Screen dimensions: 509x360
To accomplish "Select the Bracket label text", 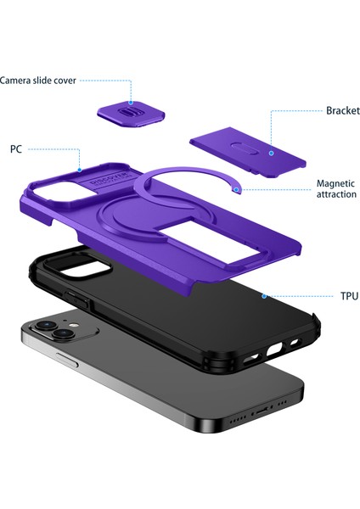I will pyautogui.click(x=342, y=111).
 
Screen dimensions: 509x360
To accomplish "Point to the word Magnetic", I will pyautogui.click(x=336, y=183).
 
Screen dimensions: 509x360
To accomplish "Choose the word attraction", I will pyautogui.click(x=336, y=195).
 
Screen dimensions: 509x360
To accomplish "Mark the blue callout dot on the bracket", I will pyautogui.click(x=270, y=154).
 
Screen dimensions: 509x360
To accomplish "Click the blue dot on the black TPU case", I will pyautogui.click(x=263, y=296).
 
